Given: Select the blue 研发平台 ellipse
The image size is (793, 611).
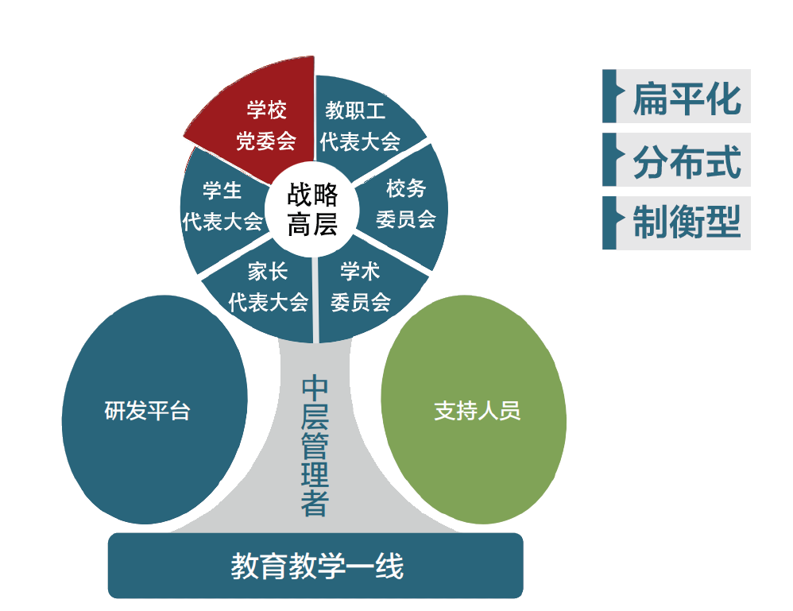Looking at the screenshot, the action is (153, 410).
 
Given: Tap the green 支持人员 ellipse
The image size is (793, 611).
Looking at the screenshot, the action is (474, 410).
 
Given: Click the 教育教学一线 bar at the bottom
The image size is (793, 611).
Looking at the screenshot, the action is (315, 566).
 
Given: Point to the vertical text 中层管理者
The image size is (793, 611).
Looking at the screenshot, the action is (315, 445).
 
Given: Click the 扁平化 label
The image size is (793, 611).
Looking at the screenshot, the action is (687, 99).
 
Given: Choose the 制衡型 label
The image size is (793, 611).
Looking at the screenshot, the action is (687, 222).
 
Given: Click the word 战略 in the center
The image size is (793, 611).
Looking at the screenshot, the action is (312, 195).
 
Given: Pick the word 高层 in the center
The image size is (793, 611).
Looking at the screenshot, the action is (312, 224).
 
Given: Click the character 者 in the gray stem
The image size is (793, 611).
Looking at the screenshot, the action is (315, 503).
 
